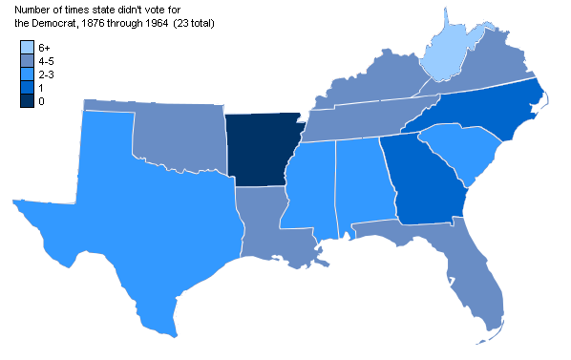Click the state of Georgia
click(x=420, y=181)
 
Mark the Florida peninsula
click(x=477, y=277)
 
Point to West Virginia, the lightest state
click(x=449, y=53)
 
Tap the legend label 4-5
click(x=46, y=61)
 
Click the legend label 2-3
click(x=46, y=74)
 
